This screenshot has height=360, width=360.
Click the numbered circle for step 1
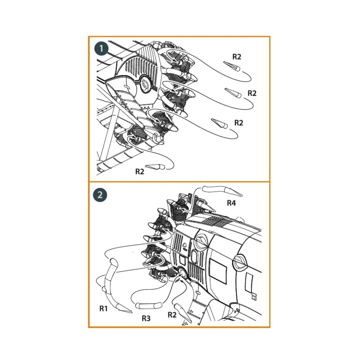click(x=101, y=49)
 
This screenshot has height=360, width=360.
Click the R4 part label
click(x=231, y=203)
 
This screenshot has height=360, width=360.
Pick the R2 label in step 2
click(x=172, y=315)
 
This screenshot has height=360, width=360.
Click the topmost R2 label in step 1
click(x=236, y=57)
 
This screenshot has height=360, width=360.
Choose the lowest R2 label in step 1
click(x=140, y=171)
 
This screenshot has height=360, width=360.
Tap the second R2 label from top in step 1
click(x=252, y=93)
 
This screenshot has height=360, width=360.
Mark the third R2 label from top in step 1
click(x=239, y=123)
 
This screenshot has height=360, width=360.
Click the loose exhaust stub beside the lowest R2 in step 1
click(x=155, y=167)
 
